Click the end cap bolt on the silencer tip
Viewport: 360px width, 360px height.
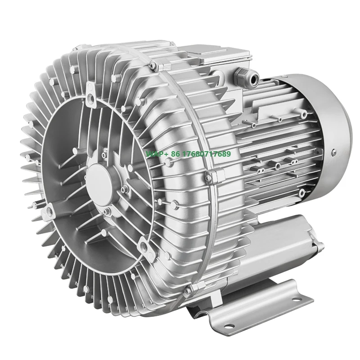(x=320, y=245)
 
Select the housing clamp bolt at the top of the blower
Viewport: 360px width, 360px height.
(x=153, y=66)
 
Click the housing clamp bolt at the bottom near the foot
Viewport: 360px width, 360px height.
(x=190, y=288)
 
